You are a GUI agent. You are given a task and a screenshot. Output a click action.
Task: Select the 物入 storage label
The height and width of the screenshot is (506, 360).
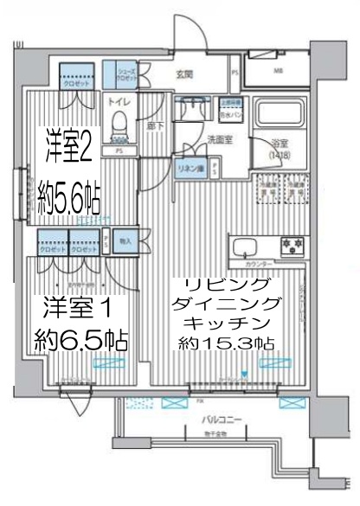click(125, 241)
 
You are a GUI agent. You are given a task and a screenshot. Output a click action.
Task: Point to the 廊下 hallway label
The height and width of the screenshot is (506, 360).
click(152, 125)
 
